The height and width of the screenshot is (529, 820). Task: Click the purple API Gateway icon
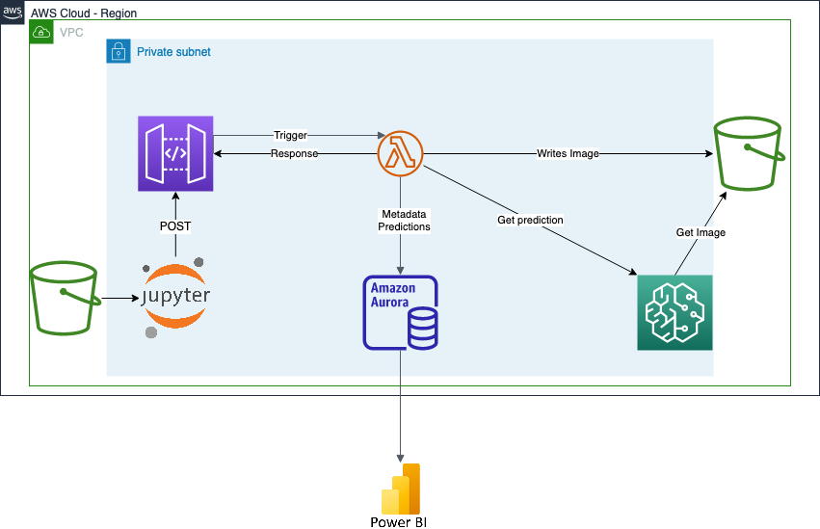pos(175,154)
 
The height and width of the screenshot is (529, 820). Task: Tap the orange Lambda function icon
pos(400,154)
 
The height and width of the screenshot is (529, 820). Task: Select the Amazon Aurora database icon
pos(400,312)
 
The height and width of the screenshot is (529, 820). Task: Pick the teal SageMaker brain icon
pos(675,312)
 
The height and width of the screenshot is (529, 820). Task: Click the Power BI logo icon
pos(401,489)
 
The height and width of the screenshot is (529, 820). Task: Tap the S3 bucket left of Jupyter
pos(65,296)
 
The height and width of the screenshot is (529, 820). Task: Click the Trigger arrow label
pos(290,136)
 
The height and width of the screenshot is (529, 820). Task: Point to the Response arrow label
pos(294,154)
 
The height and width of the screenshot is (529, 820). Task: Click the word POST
pos(175,226)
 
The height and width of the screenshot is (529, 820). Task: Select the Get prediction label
pos(530,220)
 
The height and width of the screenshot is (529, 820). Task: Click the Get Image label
pos(701,232)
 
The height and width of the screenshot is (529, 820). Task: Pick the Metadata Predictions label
pos(404,220)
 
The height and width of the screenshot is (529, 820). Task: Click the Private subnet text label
pos(173,51)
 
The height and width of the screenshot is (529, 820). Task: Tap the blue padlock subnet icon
pos(118,51)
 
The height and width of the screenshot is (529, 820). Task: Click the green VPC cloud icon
pos(41,32)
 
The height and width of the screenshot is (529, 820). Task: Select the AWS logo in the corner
pos(13,13)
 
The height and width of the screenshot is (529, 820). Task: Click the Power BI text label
pos(398,522)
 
